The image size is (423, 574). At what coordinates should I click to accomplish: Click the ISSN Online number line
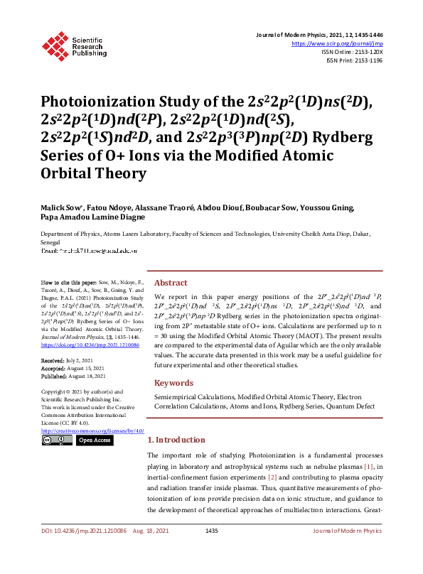pos(353,52)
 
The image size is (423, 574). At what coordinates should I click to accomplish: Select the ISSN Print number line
pos(354,60)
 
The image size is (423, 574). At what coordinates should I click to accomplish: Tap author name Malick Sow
pos(59,208)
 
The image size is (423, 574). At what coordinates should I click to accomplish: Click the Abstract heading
pos(171,282)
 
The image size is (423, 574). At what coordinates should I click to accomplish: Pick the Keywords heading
pos(174,382)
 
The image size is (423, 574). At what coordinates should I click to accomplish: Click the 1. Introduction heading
pos(181,440)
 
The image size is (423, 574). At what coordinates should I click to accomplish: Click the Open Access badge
pos(94,440)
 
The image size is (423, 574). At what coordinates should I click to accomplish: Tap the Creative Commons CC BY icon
pos(55,440)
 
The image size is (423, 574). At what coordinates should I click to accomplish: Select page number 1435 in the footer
pos(211,551)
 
